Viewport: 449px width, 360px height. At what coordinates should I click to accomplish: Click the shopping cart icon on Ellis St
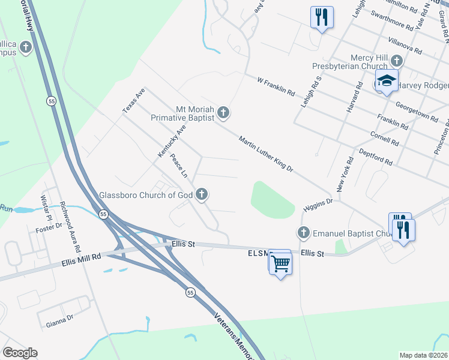(x=280, y=262)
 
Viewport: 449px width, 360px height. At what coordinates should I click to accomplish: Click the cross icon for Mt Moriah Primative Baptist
(x=223, y=112)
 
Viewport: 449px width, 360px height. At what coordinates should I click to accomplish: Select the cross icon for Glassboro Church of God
(x=202, y=194)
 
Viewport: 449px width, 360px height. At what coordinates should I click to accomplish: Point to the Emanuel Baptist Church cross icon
(x=304, y=232)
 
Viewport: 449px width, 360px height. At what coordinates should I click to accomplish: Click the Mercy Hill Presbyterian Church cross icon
(x=396, y=61)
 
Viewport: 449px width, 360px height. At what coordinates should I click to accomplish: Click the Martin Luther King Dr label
(x=265, y=154)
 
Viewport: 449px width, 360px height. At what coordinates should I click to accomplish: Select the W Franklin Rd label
(x=276, y=86)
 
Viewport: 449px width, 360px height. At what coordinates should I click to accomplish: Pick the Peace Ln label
(x=179, y=166)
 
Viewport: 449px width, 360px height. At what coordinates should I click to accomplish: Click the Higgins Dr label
(x=318, y=205)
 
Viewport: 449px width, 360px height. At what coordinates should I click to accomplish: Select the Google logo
(x=20, y=353)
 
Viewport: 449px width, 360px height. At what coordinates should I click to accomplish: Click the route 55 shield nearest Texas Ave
(x=49, y=101)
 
